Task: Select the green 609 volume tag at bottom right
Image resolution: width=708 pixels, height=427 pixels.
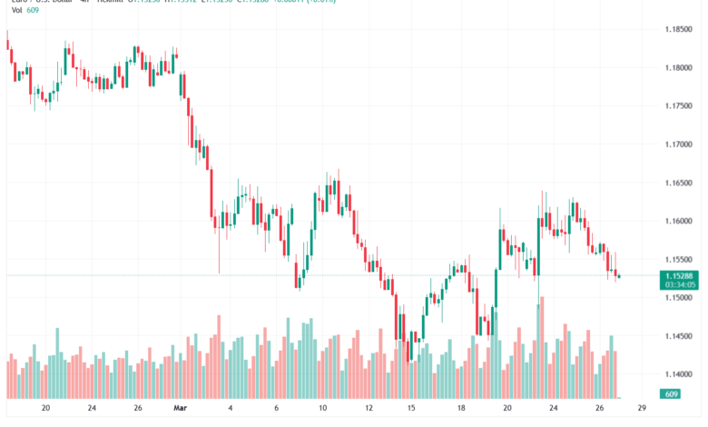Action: [671, 393]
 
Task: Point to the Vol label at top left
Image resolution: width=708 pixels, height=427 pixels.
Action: [16, 10]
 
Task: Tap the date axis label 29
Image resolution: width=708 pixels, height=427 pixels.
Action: [642, 408]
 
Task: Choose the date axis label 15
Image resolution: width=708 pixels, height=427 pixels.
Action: [411, 408]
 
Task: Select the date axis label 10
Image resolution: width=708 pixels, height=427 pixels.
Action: [322, 408]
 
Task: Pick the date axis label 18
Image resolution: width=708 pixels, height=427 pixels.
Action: [461, 408]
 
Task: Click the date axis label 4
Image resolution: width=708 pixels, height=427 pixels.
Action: [231, 408]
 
